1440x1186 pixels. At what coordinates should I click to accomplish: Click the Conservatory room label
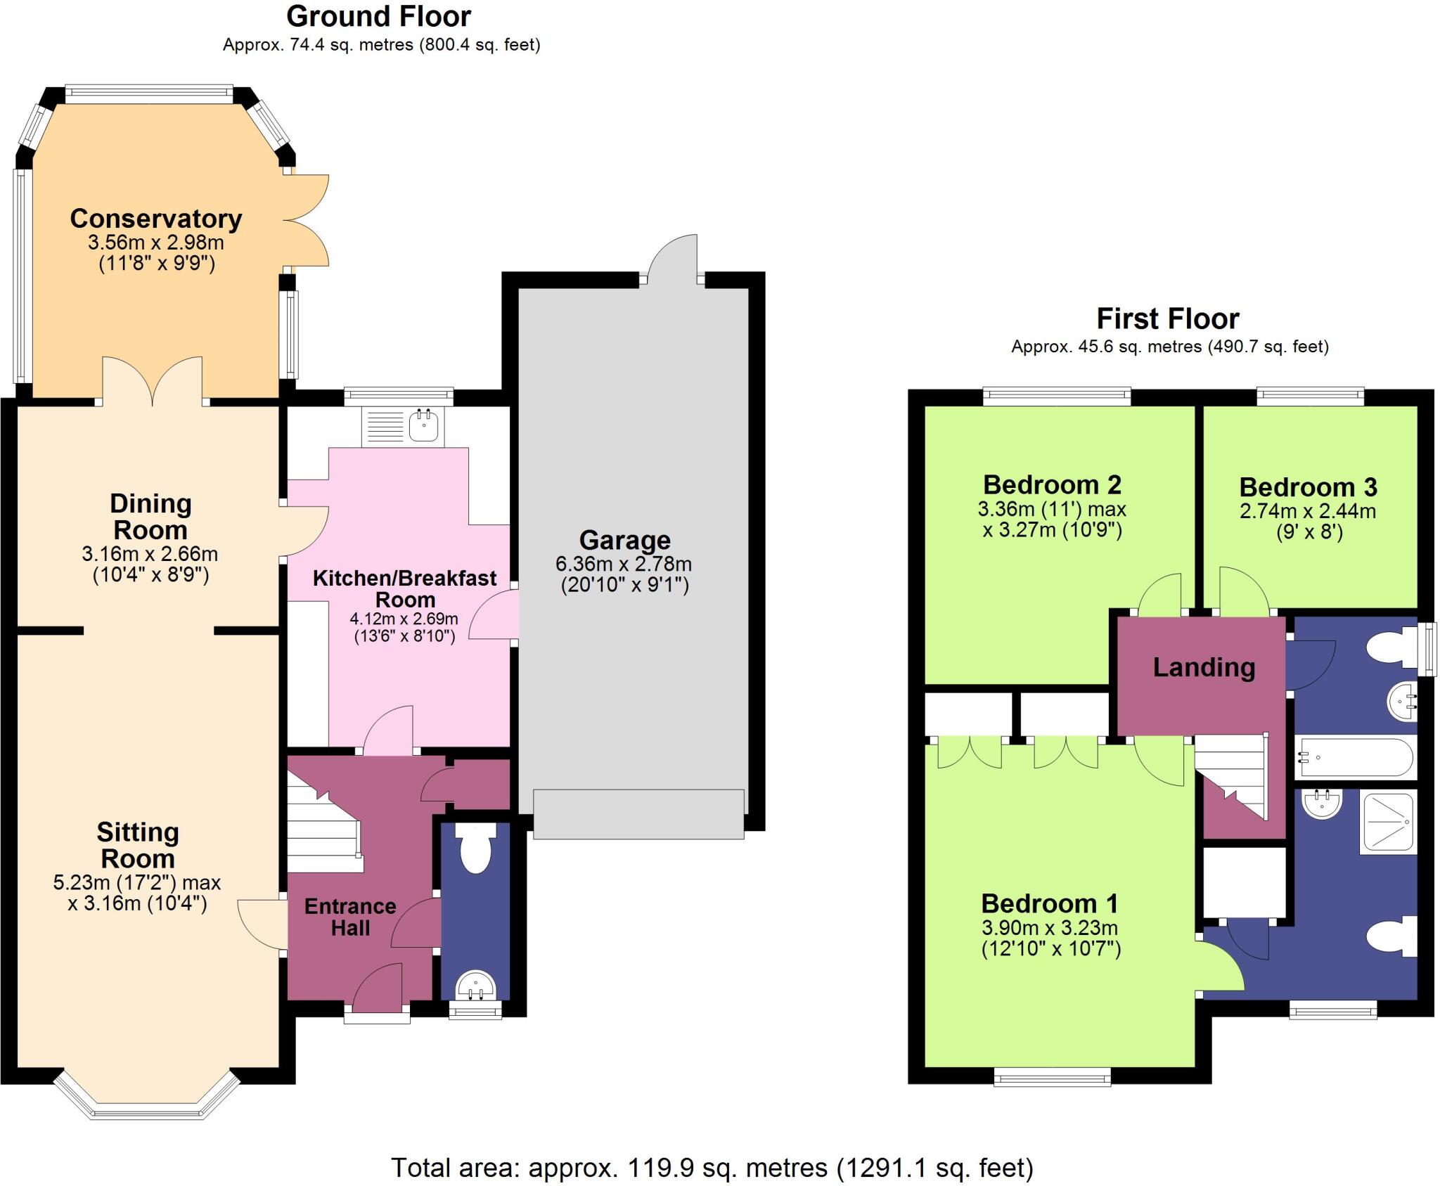coord(156,219)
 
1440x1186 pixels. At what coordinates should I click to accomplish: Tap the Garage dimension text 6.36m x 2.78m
coord(624,564)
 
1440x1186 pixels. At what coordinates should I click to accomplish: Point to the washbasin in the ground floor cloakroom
coord(476,985)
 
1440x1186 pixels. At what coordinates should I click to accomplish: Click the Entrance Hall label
coord(350,917)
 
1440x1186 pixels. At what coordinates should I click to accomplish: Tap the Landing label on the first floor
coord(1204,667)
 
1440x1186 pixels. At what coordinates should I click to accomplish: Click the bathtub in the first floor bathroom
coord(1355,757)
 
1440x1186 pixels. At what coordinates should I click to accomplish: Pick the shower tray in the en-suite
coord(1388,821)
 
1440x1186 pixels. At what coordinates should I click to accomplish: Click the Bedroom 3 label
coord(1308,487)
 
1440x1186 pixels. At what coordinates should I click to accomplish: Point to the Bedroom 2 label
coord(1052,485)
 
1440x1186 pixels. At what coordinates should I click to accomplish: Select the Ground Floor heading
coord(378,16)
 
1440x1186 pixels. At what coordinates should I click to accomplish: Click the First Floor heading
coord(1168,319)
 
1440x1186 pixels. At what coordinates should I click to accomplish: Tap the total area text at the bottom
coord(712,1168)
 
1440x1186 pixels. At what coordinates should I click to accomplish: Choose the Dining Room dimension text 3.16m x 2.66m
coord(150,554)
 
